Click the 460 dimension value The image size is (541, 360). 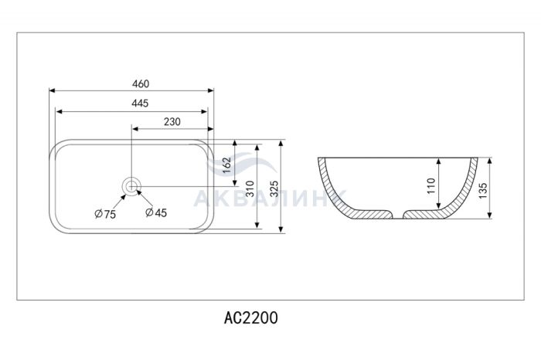(x=141, y=83)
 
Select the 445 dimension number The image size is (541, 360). (x=140, y=103)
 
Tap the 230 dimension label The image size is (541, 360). (x=172, y=122)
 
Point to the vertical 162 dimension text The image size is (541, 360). (x=226, y=167)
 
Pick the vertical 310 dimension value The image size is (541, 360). (x=250, y=189)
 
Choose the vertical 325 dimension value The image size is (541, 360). (x=274, y=189)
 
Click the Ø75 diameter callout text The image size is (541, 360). (x=105, y=214)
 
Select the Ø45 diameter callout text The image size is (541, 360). (x=156, y=212)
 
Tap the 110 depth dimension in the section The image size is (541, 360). (x=431, y=186)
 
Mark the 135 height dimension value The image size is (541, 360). (x=483, y=191)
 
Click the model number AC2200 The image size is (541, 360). (x=251, y=318)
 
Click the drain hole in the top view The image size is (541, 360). (x=131, y=186)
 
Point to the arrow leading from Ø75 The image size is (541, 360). (x=119, y=202)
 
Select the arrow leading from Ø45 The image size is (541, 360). (x=145, y=199)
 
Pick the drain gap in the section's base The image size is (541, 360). (x=398, y=215)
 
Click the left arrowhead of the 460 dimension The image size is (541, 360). (x=52, y=90)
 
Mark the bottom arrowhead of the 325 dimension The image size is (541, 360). (x=281, y=229)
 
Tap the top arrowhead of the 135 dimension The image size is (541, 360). (x=489, y=161)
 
